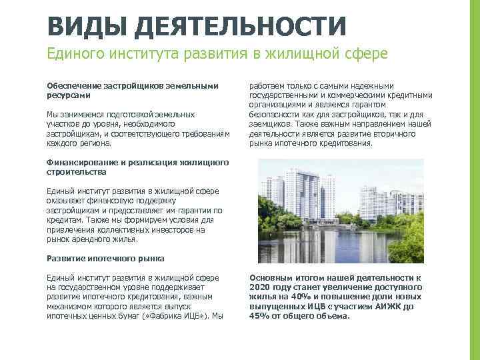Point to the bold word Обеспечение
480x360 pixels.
pos(72,86)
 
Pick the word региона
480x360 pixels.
pos(94,143)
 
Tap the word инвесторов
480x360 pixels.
pos(189,229)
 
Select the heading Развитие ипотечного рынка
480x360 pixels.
pos(105,258)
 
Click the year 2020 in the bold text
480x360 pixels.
pos(261,287)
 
